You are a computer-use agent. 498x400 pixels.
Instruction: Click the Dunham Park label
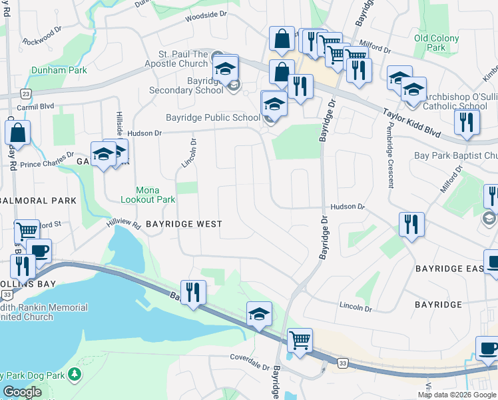[x=68, y=70]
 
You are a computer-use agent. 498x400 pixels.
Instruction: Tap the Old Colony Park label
[x=437, y=43]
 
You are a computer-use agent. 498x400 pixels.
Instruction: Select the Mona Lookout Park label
[x=147, y=195]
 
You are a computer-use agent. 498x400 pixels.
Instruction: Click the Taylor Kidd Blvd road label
[x=412, y=123]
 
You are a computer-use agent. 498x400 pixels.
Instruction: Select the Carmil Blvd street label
[x=37, y=106]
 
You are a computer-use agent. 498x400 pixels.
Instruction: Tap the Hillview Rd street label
[x=123, y=225]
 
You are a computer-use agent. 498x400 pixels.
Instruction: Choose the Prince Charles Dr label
[x=47, y=161]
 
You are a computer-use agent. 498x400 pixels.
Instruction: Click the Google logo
[x=22, y=392]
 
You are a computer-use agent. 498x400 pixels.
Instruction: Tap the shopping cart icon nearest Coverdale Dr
[x=300, y=340]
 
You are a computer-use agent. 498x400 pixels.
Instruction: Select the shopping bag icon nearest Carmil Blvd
[x=17, y=133]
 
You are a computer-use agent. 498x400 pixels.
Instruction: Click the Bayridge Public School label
[x=212, y=118]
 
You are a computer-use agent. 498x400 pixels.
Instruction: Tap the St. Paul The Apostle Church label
[x=174, y=59]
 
